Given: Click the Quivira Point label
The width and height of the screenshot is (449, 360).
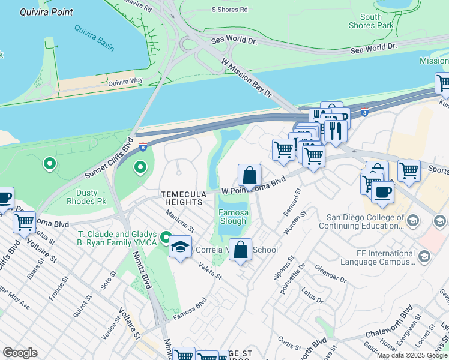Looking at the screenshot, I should pos(46,12).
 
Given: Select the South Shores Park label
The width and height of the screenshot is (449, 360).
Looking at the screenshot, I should pos(372,21).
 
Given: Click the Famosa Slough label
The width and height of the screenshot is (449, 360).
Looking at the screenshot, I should pos(232,217).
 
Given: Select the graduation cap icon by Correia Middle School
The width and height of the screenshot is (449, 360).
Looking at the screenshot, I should pos(180,247).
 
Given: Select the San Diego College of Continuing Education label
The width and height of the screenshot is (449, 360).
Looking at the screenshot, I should pos(365,221).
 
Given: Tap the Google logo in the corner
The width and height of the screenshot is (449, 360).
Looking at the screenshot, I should pos(20,353).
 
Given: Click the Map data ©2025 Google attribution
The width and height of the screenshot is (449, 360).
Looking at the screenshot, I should pos(412,355).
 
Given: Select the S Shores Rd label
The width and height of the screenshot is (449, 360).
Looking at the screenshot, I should pos(229,10).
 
